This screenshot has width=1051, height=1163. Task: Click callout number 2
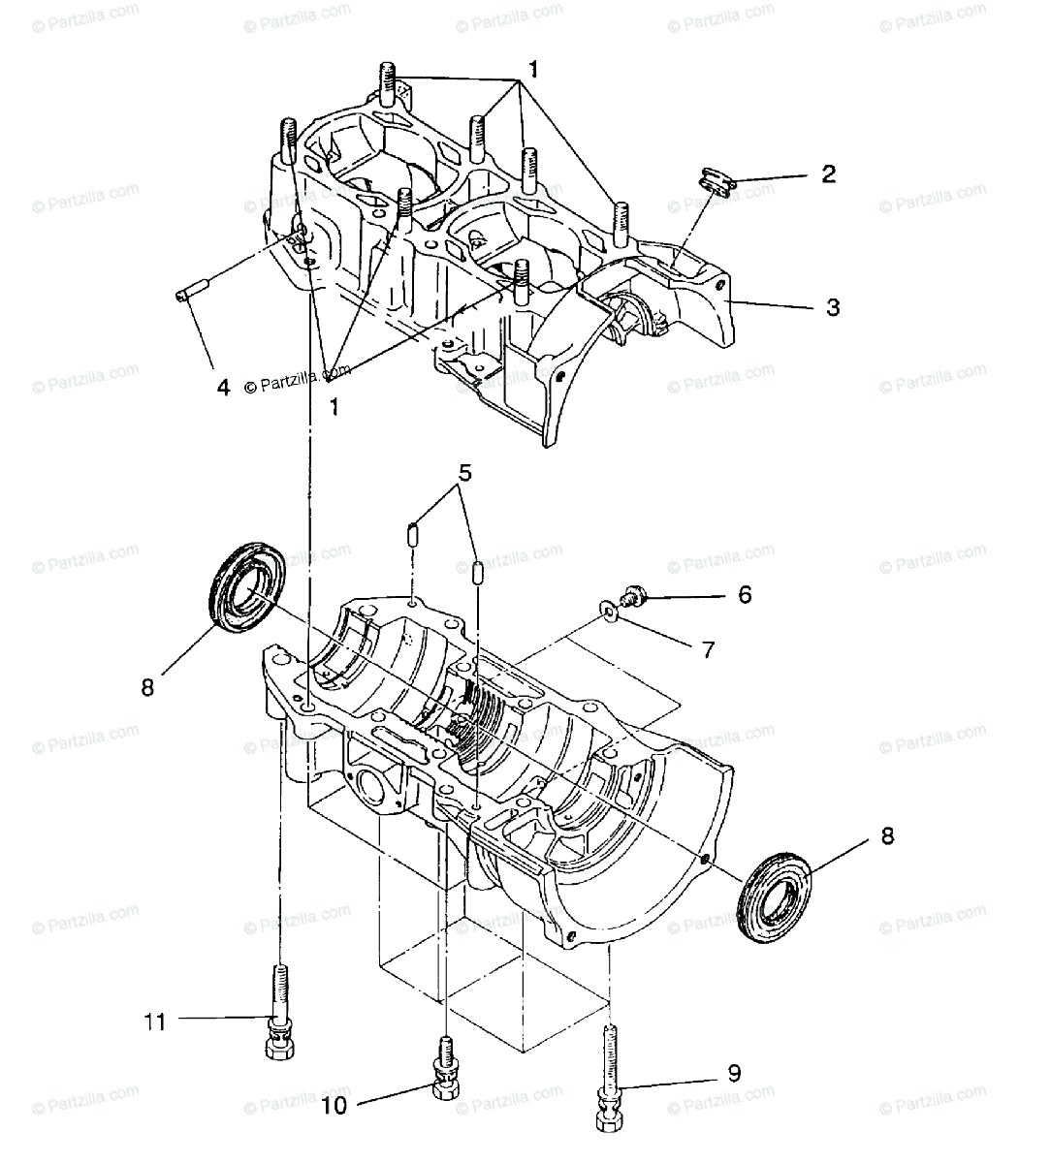point(827,174)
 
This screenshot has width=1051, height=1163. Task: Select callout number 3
point(832,307)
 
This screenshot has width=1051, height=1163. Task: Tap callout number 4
point(223,388)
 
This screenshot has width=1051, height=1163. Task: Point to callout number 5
point(465,473)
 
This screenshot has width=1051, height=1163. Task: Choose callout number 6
point(745,594)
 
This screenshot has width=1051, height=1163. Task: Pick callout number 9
point(734,1073)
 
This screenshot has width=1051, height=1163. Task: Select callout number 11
point(155,1021)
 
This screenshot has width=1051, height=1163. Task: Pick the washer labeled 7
point(607,610)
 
